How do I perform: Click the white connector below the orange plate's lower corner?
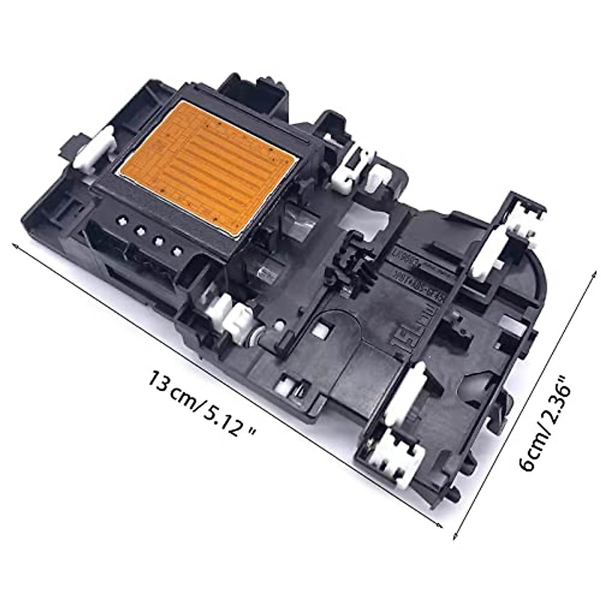(x=235, y=321)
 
